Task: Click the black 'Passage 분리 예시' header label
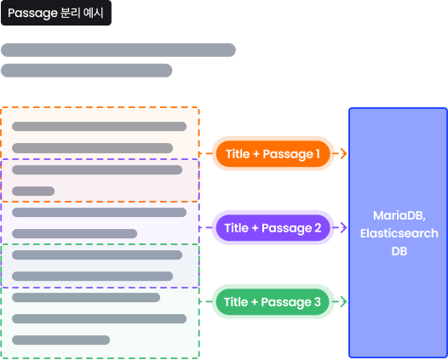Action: coord(56,13)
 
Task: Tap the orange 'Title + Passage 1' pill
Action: coord(273,153)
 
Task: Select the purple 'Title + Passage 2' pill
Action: coord(273,227)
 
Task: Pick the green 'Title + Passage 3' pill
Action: coord(273,301)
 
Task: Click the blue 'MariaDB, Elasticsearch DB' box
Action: coord(398,232)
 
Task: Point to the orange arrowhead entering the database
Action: coord(344,153)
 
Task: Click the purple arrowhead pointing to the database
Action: coord(344,227)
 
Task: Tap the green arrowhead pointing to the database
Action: coord(344,301)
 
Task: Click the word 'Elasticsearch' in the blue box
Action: coord(399,233)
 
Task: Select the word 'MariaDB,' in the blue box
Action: coord(399,216)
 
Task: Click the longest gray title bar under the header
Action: coord(118,50)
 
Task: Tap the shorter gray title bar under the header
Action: coord(87,71)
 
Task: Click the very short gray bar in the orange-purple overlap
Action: coord(33,191)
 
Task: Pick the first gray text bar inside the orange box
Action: coord(99,127)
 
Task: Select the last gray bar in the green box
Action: coord(60,340)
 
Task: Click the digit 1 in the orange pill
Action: coord(318,154)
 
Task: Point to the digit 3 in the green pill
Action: coord(317,302)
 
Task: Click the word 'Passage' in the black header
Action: coord(32,14)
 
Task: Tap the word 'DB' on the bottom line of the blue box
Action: coord(399,251)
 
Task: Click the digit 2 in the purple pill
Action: coord(318,228)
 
